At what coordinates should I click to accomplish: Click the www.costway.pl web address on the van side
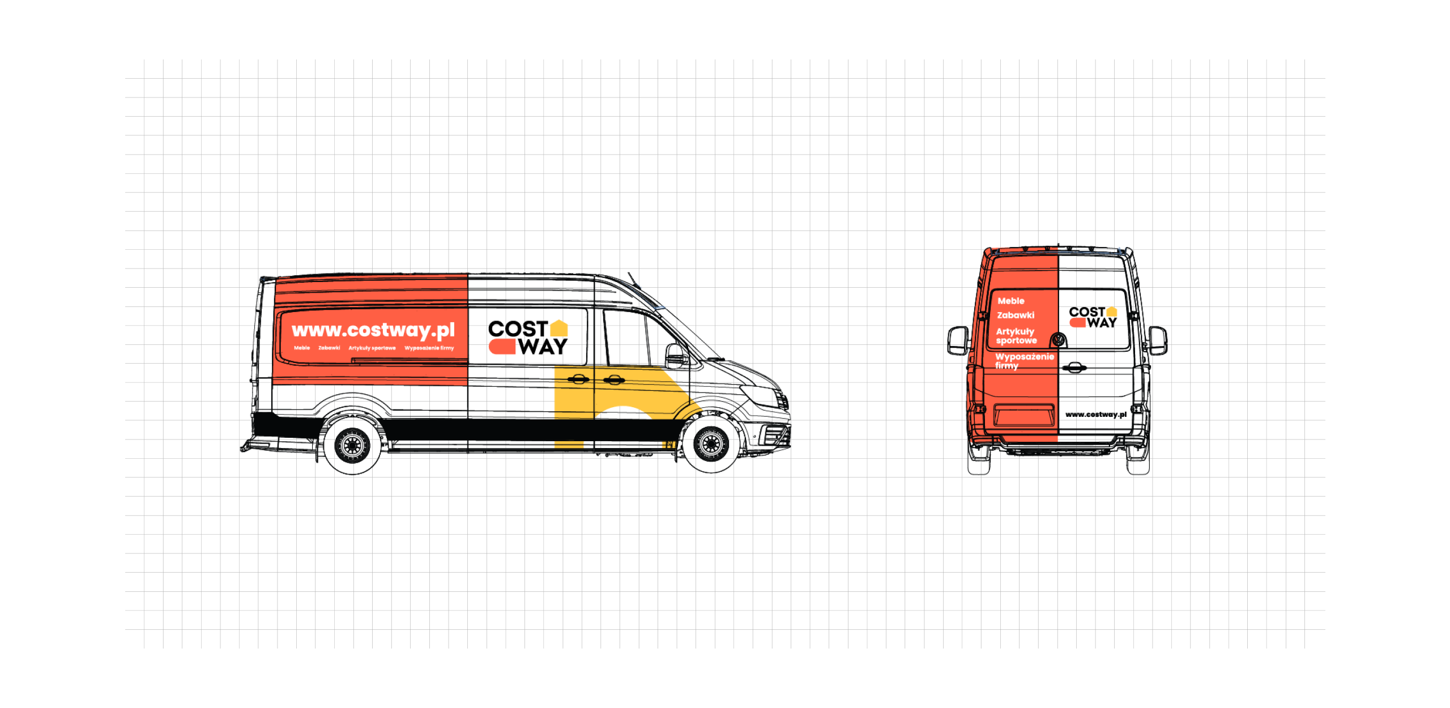pyautogui.click(x=373, y=330)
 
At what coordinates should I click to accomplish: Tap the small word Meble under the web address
pyautogui.click(x=302, y=348)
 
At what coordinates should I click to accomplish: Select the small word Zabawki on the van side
pyautogui.click(x=329, y=348)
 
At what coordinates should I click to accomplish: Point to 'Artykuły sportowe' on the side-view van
pyautogui.click(x=372, y=348)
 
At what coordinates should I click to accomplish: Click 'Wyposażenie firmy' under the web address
pyautogui.click(x=429, y=348)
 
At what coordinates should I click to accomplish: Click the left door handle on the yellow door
pyautogui.click(x=577, y=379)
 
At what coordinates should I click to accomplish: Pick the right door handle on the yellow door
pyautogui.click(x=613, y=379)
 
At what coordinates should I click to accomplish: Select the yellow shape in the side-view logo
pyautogui.click(x=558, y=328)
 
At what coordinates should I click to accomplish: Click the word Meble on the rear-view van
pyautogui.click(x=1011, y=301)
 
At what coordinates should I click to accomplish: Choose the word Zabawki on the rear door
pyautogui.click(x=1016, y=315)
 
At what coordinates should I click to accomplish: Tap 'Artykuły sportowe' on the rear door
pyautogui.click(x=1016, y=336)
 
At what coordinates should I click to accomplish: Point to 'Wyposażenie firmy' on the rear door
pyautogui.click(x=1024, y=361)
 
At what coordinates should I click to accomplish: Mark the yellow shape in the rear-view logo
pyautogui.click(x=1115, y=311)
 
